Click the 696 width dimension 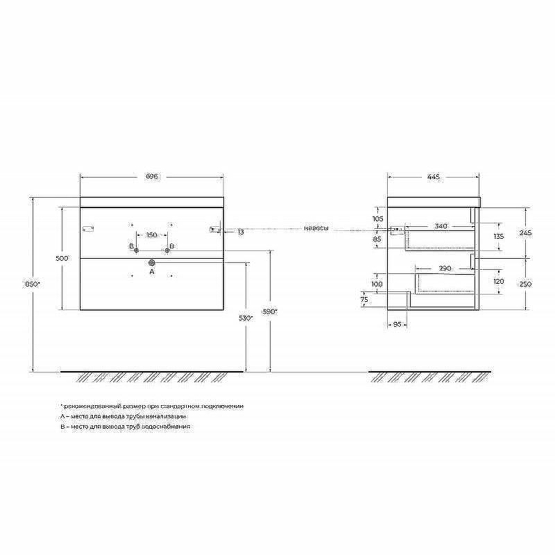pyautogui.click(x=152, y=177)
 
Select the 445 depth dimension pyautogui.click(x=434, y=177)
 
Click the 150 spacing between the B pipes pyautogui.click(x=151, y=234)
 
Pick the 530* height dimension pyautogui.click(x=246, y=318)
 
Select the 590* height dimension pyautogui.click(x=271, y=311)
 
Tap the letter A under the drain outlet pyautogui.click(x=152, y=273)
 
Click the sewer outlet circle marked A pyautogui.click(x=152, y=263)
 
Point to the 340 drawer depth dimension pyautogui.click(x=440, y=226)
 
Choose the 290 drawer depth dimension pyautogui.click(x=445, y=268)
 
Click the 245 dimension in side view pyautogui.click(x=525, y=233)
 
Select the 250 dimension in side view pyautogui.click(x=525, y=284)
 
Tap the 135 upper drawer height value pyautogui.click(x=497, y=236)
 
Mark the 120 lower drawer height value pyautogui.click(x=497, y=282)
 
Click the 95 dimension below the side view pyautogui.click(x=398, y=324)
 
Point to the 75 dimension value pyautogui.click(x=364, y=299)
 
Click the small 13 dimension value pyautogui.click(x=240, y=232)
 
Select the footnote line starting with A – pyautogui.click(x=123, y=416)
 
